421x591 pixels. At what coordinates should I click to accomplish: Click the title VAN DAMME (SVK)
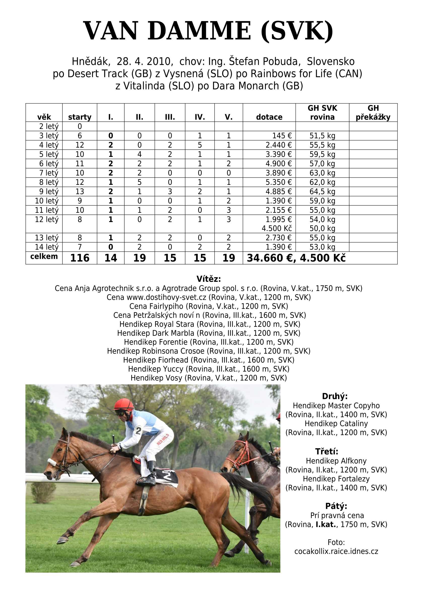(208, 31)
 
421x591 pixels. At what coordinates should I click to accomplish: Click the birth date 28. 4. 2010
(145, 62)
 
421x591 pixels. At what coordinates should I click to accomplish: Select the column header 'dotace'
(269, 117)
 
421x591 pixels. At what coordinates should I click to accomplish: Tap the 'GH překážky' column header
(373, 113)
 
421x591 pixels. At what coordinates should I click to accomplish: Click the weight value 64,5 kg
(322, 192)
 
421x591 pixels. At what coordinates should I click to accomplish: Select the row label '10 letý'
(47, 201)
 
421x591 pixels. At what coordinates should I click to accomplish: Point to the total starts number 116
(80, 258)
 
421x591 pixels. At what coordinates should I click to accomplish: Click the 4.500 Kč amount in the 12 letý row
(277, 228)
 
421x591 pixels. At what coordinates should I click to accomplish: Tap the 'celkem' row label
(44, 257)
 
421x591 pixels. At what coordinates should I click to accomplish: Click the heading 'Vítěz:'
(209, 279)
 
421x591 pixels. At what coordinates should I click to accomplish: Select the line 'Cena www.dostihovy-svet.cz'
(209, 297)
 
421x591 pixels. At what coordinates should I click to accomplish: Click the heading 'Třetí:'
(327, 451)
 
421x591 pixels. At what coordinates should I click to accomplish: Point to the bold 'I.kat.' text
(326, 524)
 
